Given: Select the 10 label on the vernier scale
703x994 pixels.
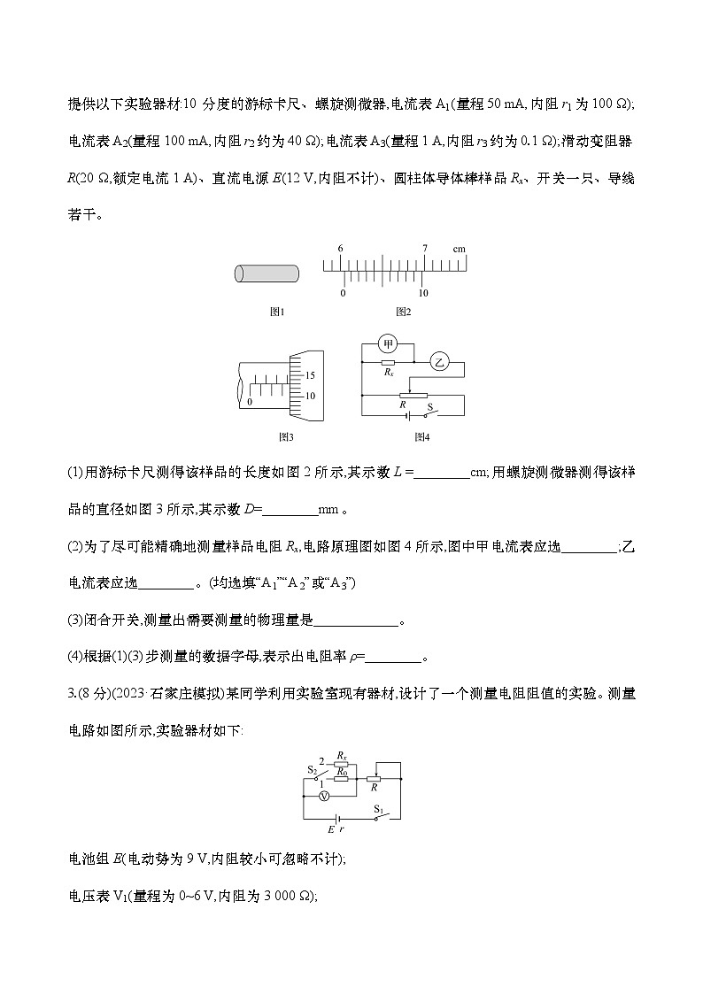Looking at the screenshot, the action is click(x=424, y=293).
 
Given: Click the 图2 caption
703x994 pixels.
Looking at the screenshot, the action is click(x=403, y=312).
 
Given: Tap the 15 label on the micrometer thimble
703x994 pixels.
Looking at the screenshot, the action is click(x=311, y=376).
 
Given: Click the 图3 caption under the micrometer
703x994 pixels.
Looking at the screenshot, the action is click(x=286, y=436).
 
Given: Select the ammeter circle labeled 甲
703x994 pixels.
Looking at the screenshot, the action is click(x=387, y=343).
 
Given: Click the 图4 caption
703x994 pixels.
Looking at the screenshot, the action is click(x=421, y=436).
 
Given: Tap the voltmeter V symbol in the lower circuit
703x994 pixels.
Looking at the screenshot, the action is click(x=324, y=796).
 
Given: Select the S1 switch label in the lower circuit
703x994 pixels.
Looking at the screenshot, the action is click(x=378, y=809).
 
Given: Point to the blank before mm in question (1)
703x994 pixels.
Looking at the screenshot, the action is click(x=290, y=510).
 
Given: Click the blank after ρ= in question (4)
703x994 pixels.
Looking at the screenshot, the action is click(x=394, y=657).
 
